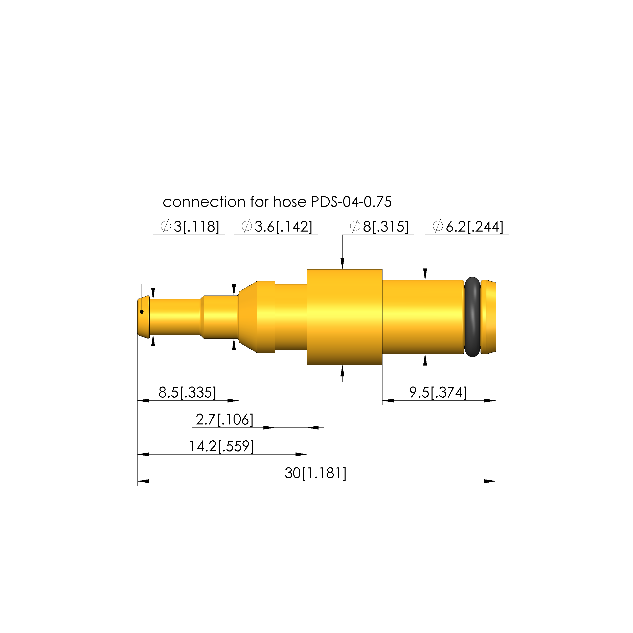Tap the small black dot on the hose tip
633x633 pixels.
pyautogui.click(x=142, y=312)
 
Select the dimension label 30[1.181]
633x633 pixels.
pyautogui.click(x=315, y=473)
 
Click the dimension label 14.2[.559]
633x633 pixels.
pyautogui.click(x=221, y=446)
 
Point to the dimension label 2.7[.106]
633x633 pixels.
pyautogui.click(x=224, y=419)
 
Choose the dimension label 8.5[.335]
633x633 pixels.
pyautogui.click(x=187, y=392)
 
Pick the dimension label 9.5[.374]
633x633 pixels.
pyautogui.click(x=438, y=392)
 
